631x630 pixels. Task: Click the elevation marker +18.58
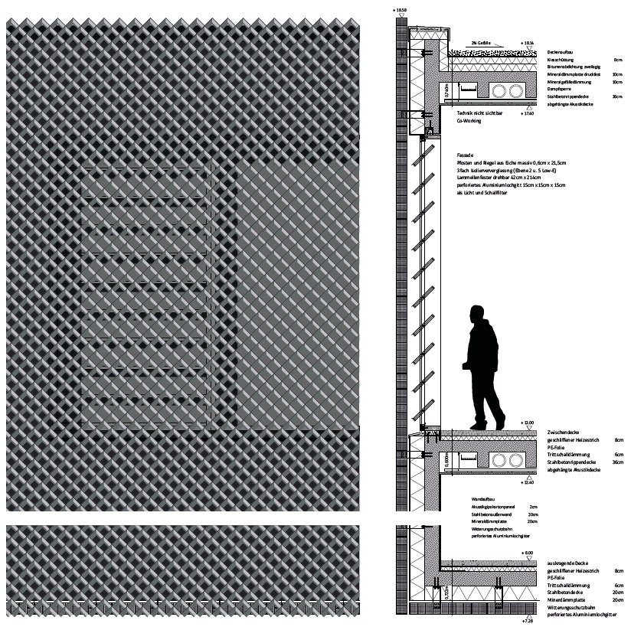[x=401, y=9]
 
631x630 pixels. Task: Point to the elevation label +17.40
[x=526, y=113]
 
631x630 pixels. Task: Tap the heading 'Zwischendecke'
[x=564, y=433]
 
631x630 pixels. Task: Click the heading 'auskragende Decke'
[x=567, y=563]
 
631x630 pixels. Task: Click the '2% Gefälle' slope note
[x=482, y=44]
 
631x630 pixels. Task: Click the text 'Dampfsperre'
[x=560, y=90]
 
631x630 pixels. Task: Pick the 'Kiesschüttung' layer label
[x=562, y=59]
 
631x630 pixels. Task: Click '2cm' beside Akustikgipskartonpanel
[x=533, y=507]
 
